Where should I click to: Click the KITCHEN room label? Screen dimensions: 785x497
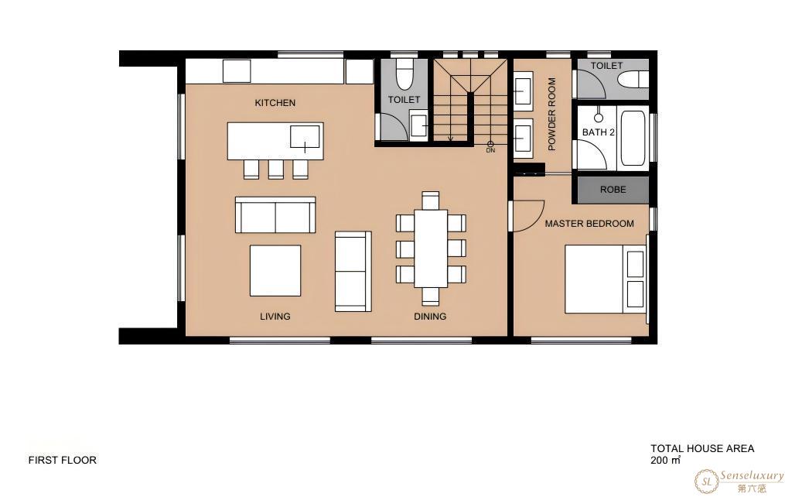pyautogui.click(x=275, y=103)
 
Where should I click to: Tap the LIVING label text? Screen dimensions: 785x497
pyautogui.click(x=275, y=316)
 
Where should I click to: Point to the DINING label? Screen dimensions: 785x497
pyautogui.click(x=430, y=316)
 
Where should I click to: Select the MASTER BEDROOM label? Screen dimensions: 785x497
pyautogui.click(x=589, y=224)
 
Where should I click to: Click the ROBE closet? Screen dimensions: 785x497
pyautogui.click(x=613, y=190)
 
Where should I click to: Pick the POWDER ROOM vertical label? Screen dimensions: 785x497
pyautogui.click(x=551, y=114)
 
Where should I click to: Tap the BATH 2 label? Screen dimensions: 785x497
pyautogui.click(x=599, y=132)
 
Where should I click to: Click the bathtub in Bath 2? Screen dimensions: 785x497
pyautogui.click(x=633, y=138)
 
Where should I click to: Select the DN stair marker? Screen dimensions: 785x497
pyautogui.click(x=490, y=147)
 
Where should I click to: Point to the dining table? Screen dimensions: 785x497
pyautogui.click(x=431, y=248)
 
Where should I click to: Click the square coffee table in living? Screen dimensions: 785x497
pyautogui.click(x=275, y=270)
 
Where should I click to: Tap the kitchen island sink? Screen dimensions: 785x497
pyautogui.click(x=305, y=137)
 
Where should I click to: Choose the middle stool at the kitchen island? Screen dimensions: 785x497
pyautogui.click(x=276, y=170)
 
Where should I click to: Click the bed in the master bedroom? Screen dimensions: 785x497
pyautogui.click(x=606, y=279)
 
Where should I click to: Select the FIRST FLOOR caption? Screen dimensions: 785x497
pyautogui.click(x=63, y=460)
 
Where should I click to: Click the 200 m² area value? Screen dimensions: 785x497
pyautogui.click(x=666, y=460)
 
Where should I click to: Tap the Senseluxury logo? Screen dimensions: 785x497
pyautogui.click(x=739, y=481)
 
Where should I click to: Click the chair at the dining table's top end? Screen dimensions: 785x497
pyautogui.click(x=431, y=200)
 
